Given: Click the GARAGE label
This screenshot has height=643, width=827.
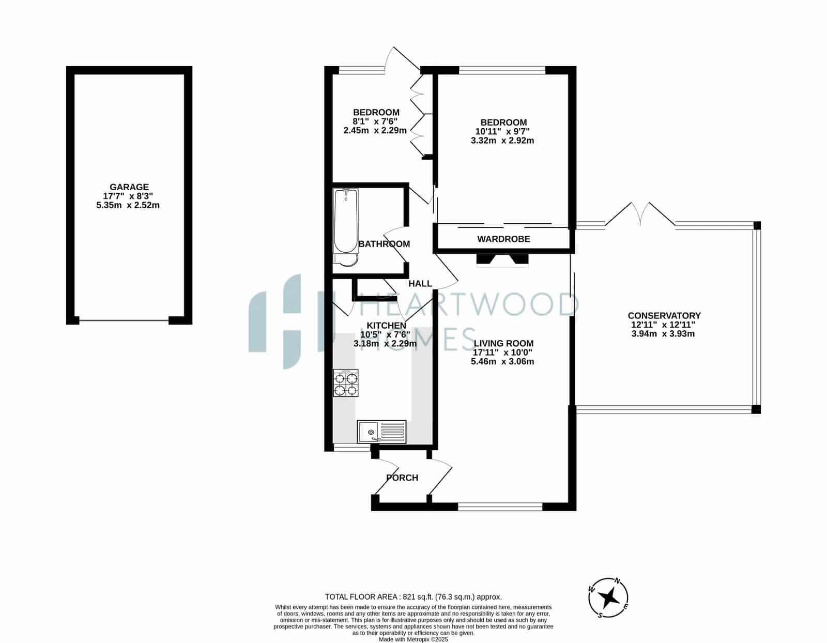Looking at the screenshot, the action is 129,187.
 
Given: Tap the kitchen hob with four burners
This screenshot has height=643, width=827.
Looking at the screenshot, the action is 346,383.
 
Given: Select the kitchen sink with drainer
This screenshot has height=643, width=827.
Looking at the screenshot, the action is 381,432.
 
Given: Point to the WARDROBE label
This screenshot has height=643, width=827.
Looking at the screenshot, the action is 503,239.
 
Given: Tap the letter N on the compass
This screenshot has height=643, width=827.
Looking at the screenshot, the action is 618,581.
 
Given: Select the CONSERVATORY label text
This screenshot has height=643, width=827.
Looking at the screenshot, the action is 664,316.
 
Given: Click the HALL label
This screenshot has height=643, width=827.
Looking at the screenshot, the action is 420,283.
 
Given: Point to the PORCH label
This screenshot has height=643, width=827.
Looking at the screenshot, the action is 402,478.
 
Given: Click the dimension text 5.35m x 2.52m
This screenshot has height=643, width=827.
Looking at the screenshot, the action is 128,205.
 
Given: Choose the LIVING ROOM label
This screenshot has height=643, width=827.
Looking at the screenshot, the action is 503,344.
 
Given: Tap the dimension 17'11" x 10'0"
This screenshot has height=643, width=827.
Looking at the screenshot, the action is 502,353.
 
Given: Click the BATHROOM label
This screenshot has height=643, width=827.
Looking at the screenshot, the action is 385,244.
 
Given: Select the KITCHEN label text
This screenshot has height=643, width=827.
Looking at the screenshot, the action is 386,326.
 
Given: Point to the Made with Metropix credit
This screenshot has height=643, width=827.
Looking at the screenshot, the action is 413,639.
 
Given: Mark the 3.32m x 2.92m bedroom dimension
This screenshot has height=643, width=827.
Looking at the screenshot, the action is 502,141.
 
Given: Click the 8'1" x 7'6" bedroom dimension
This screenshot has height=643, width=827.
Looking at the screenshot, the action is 375,121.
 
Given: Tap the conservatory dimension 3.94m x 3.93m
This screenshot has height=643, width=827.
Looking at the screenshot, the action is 663,334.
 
